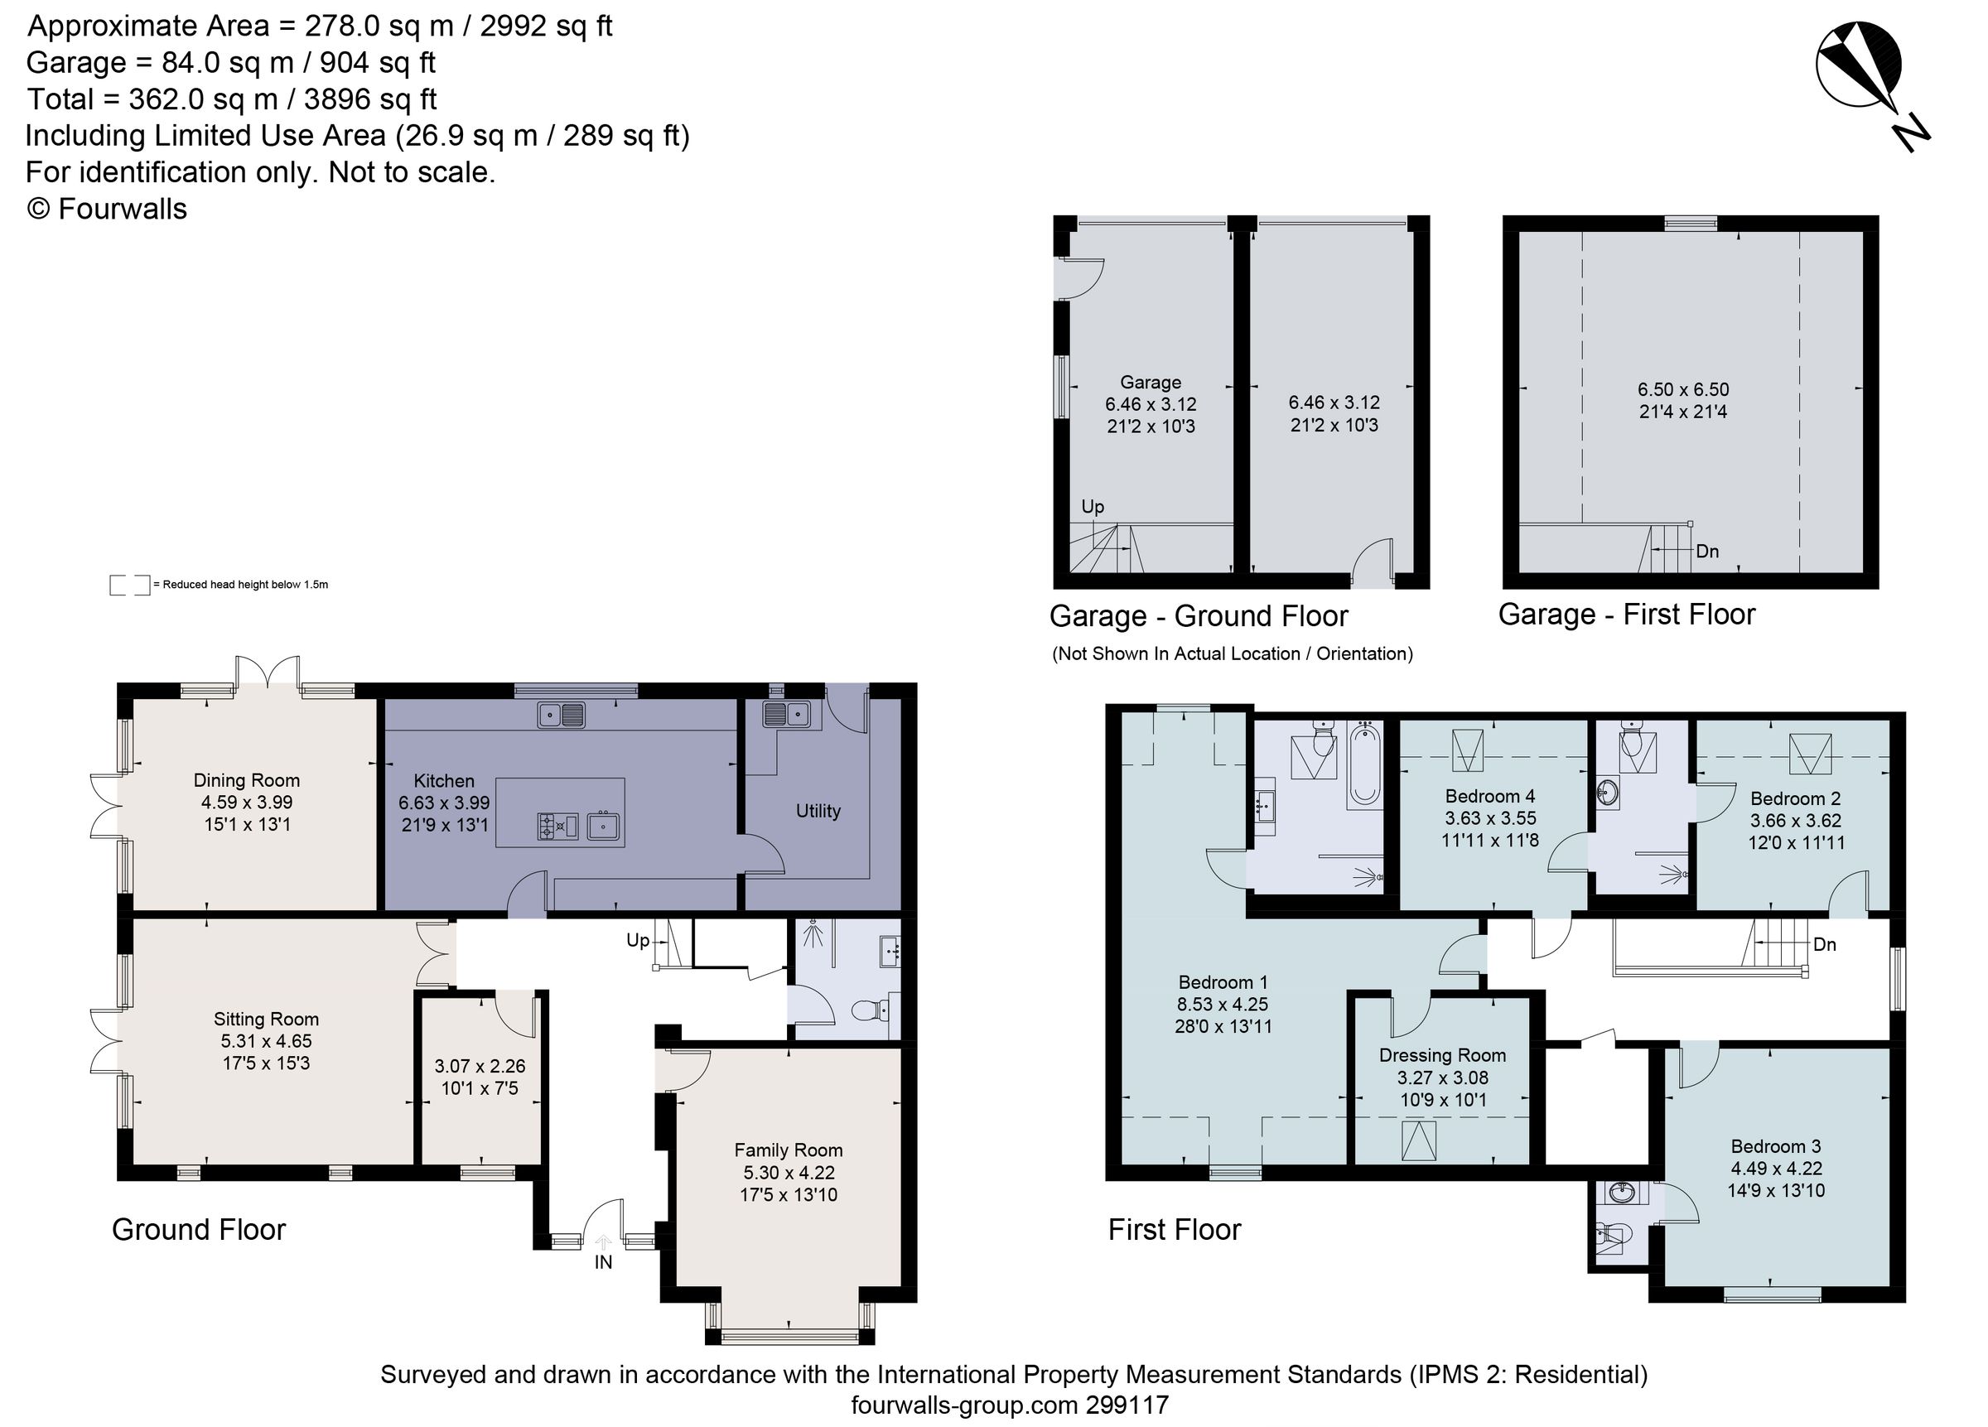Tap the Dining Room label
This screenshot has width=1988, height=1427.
(246, 781)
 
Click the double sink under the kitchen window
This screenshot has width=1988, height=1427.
(562, 716)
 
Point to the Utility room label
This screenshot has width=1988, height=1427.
(818, 812)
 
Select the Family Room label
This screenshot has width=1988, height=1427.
(788, 1150)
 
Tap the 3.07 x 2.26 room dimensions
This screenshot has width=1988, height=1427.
(480, 1067)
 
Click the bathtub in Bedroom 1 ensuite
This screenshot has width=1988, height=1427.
(1364, 764)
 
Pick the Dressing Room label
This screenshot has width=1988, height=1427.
(1442, 1055)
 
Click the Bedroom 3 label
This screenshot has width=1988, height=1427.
(1776, 1146)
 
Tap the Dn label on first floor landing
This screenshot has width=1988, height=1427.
(1824, 945)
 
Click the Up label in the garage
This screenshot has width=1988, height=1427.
(1093, 507)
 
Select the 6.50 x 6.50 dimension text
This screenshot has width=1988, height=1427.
(1683, 389)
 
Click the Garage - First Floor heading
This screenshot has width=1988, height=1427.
(1626, 615)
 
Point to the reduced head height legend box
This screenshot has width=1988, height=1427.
(129, 585)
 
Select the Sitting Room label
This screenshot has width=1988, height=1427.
(266, 1020)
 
